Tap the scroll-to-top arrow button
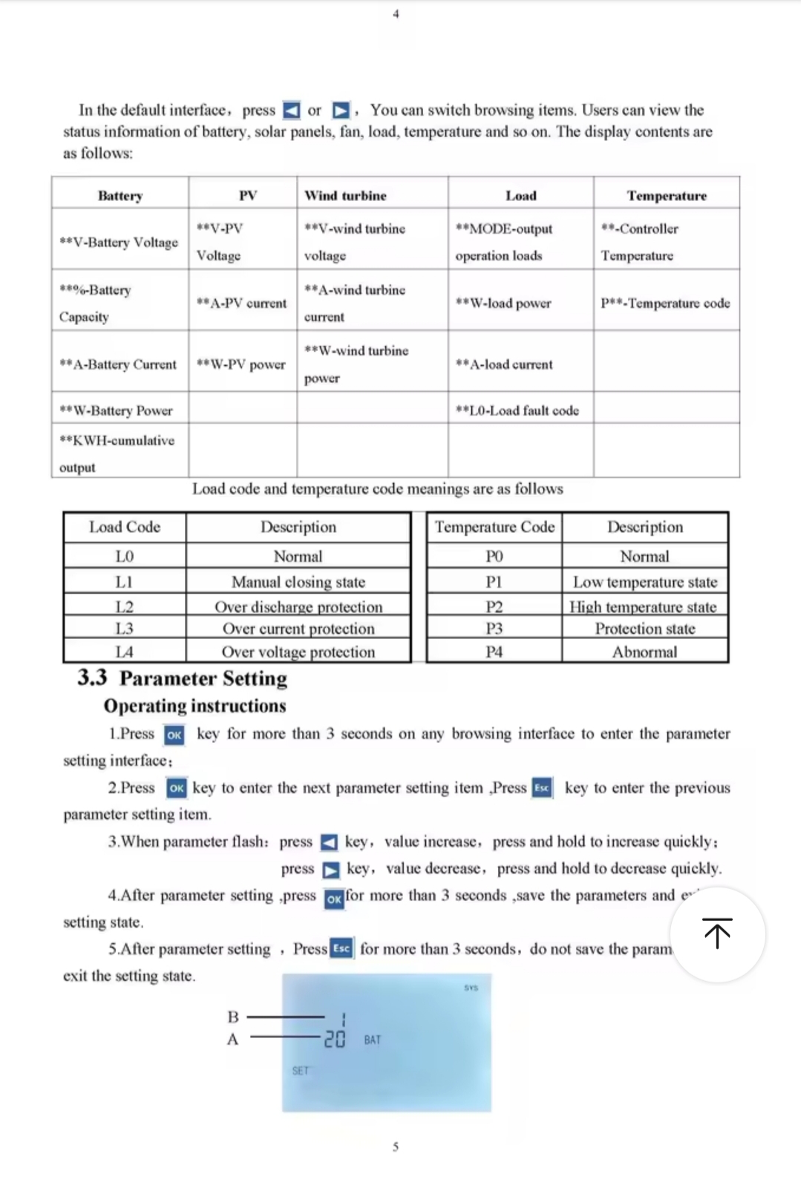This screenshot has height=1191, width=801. [x=717, y=934]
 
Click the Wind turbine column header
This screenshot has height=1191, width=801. [x=345, y=196]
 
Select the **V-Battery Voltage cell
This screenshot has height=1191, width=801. [x=119, y=242]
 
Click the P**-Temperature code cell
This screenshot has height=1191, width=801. [x=665, y=303]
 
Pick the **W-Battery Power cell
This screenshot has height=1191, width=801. [x=116, y=410]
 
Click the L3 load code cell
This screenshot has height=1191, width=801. [x=124, y=629]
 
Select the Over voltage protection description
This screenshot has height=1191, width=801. [x=298, y=652]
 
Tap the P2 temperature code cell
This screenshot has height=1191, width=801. [x=494, y=607]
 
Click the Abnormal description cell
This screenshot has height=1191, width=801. [x=644, y=652]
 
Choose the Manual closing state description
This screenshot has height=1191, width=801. [x=298, y=582]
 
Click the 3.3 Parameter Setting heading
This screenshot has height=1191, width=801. [x=182, y=678]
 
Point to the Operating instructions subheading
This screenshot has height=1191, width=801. [x=194, y=706]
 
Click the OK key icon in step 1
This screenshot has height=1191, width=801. [x=174, y=735]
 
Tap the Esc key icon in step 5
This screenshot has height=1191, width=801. [x=341, y=948]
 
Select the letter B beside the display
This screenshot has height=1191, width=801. [x=233, y=1017]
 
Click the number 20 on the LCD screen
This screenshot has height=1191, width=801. [x=335, y=1040]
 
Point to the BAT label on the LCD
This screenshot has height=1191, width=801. [x=373, y=1040]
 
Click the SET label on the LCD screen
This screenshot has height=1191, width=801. [x=300, y=1071]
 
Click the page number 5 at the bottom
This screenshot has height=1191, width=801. [x=396, y=1147]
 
